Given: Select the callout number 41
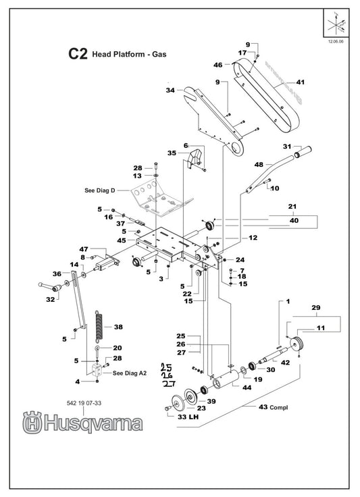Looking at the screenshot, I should pyautogui.click(x=301, y=82).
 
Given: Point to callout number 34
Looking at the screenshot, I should pyautogui.click(x=170, y=90).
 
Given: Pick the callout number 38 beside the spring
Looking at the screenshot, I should pyautogui.click(x=118, y=326).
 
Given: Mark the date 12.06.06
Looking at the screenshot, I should pyautogui.click(x=335, y=41).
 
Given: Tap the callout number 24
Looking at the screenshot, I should pyautogui.click(x=239, y=260).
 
